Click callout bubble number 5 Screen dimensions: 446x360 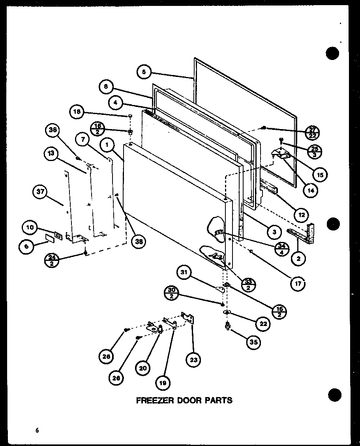pos(144,72)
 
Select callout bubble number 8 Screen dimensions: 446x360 pos(106,86)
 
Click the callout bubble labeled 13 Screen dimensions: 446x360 pos(51,154)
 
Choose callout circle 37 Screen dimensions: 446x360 pos(40,193)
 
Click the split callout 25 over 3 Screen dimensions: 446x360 pos(314,151)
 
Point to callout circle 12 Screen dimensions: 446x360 pos(302,215)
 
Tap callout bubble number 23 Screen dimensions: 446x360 pos(194,360)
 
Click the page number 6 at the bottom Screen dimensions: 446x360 pos(36,431)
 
